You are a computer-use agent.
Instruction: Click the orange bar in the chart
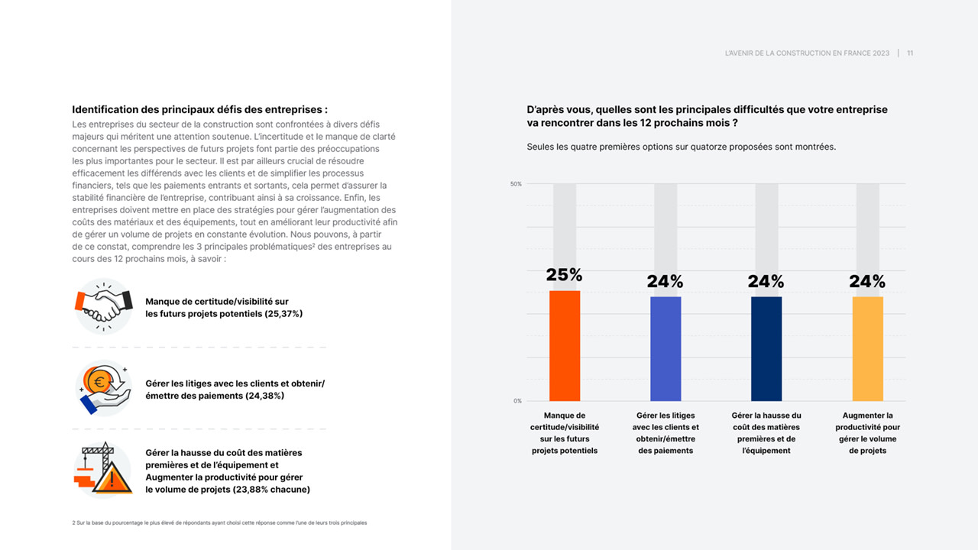tap(565, 345)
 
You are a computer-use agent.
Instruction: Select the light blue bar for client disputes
tap(665, 348)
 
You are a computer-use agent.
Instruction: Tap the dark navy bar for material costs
tap(766, 348)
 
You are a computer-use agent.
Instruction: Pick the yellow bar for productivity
tap(867, 348)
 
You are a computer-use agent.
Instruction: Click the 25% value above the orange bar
tap(565, 275)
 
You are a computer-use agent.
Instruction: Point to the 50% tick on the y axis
tap(516, 184)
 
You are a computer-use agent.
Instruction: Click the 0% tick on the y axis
tap(517, 401)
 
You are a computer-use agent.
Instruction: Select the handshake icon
tap(104, 306)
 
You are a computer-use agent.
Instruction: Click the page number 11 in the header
tap(910, 53)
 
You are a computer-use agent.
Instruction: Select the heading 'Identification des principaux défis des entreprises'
tap(199, 109)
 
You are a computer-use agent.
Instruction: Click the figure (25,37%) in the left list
tap(283, 314)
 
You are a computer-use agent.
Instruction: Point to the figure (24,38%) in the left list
tap(264, 396)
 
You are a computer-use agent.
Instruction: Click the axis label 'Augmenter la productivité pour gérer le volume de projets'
tap(867, 433)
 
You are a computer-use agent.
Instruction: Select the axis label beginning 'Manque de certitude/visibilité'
tap(565, 433)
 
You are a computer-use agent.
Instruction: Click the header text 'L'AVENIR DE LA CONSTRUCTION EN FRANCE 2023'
tap(807, 53)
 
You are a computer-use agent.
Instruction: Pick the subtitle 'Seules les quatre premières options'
tap(681, 147)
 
